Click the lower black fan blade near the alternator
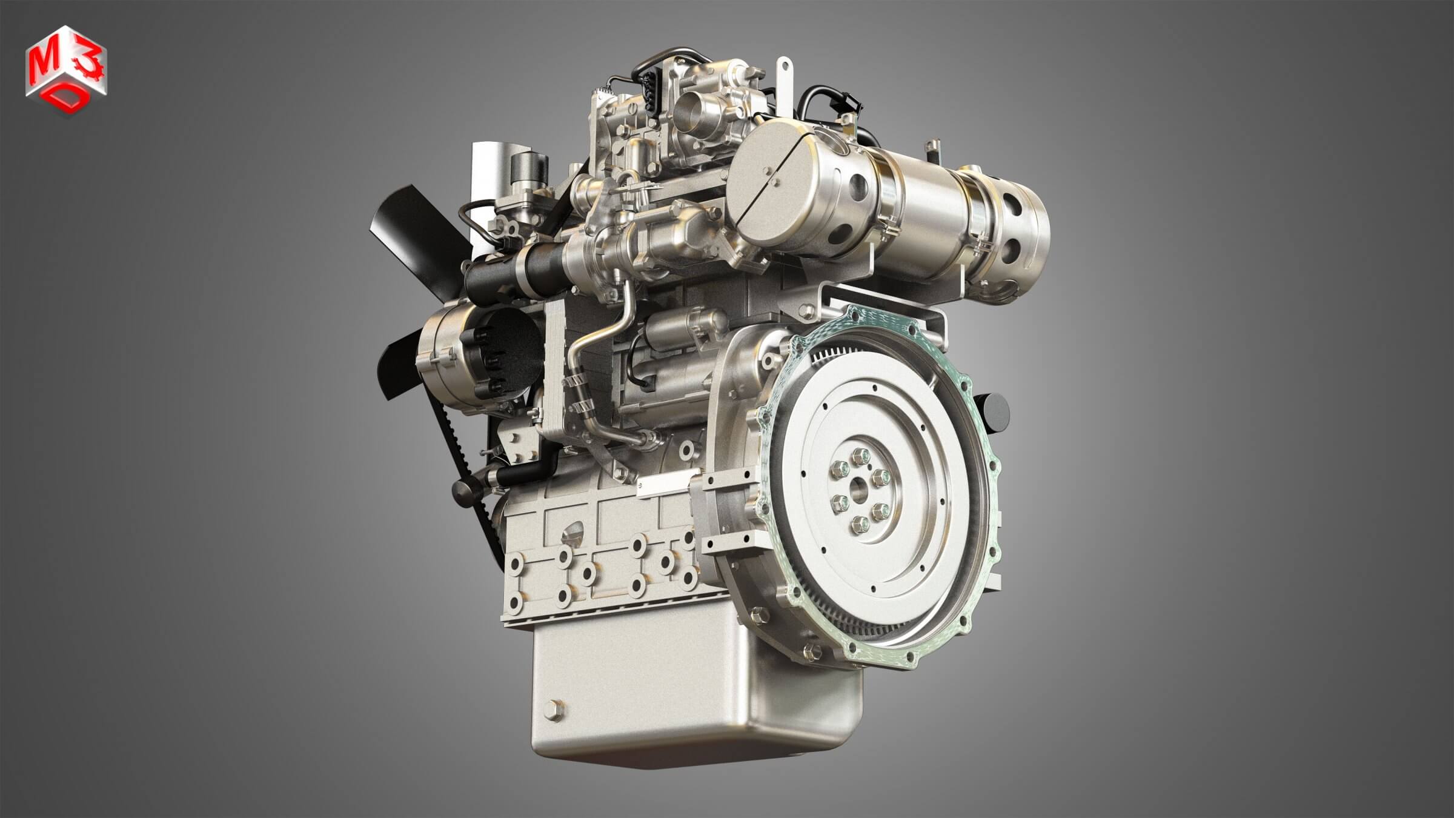pos(397,357)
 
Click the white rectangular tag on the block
pos(663,482)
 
